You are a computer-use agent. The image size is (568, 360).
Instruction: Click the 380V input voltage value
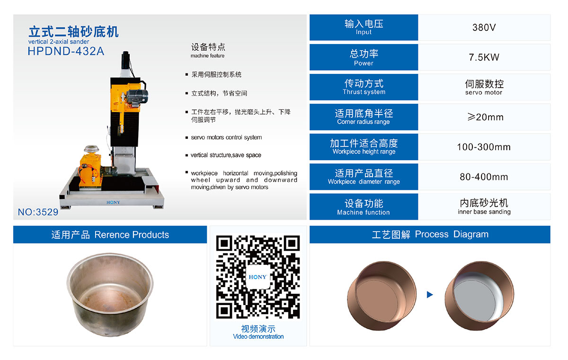pos(484,27)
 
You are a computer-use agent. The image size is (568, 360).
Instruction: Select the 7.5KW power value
pos(484,57)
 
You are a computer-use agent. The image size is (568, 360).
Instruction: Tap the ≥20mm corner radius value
pos(485,117)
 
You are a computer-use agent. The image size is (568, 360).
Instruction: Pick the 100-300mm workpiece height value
pos(484,147)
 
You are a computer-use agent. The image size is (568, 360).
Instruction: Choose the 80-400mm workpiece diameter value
pos(484,177)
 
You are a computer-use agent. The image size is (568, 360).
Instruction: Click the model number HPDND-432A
pos(66,51)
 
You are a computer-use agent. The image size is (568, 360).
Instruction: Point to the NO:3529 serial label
pos(38,212)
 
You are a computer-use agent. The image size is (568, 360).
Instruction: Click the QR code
pos(258,277)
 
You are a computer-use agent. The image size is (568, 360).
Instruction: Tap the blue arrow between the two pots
pos(430,295)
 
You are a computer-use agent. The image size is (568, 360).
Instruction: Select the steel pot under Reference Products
pos(110,294)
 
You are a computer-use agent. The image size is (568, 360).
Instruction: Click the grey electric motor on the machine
pos(137,97)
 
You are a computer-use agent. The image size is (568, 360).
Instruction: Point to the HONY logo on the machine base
pos(113,202)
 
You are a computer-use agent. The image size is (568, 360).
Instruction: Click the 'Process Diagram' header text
pos(452,234)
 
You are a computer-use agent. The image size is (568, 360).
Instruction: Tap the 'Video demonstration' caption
pos(258,336)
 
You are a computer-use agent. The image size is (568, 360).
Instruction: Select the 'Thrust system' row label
pos(364,92)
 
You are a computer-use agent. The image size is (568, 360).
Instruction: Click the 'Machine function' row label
pos(364,212)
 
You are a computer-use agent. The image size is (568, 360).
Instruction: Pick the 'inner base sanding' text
pos(484,212)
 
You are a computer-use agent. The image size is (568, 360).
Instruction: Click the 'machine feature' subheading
pos(207,55)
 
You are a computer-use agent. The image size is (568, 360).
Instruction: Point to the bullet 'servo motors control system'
pos(226,137)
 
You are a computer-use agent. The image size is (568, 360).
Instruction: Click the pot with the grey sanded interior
pos(479,296)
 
